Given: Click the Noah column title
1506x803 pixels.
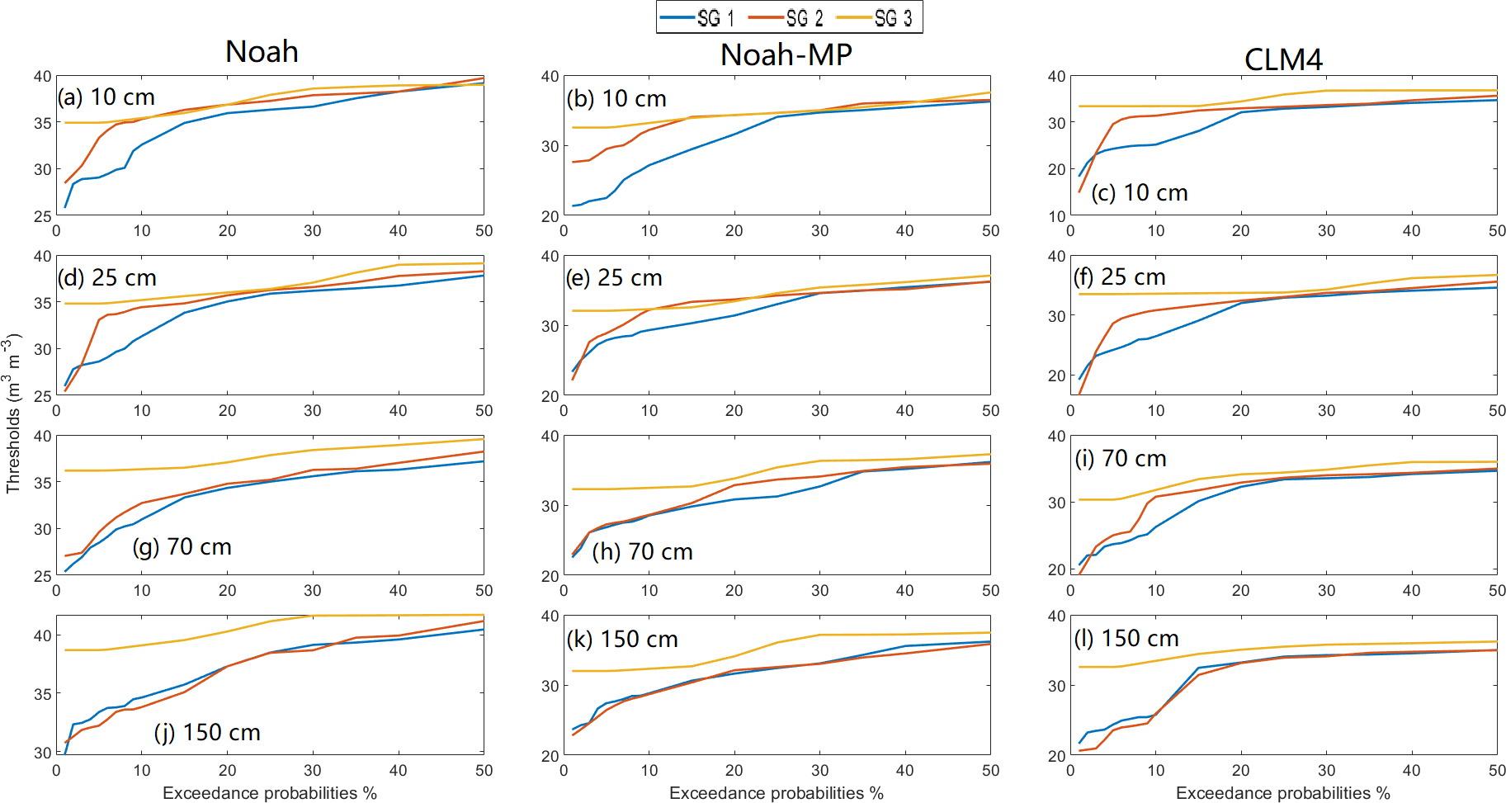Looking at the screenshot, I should [x=262, y=52].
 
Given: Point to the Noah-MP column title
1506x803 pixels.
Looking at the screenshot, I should [x=786, y=55].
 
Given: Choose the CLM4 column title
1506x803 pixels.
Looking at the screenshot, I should [x=1283, y=59].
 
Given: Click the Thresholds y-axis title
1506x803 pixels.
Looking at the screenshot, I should [x=13, y=413].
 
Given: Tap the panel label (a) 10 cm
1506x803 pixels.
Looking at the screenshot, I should [x=106, y=97].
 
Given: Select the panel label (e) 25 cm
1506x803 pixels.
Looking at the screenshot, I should [x=615, y=278].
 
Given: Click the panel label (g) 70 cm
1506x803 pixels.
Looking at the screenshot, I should [x=182, y=547].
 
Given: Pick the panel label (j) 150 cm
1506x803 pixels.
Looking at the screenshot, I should [x=208, y=733].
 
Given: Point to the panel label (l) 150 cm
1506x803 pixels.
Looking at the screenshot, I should [x=1127, y=639].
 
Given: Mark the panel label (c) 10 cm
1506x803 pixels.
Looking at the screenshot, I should [x=1140, y=193].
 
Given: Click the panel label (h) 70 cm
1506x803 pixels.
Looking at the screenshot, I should [x=643, y=552].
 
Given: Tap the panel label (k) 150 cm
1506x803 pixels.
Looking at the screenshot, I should [x=623, y=640].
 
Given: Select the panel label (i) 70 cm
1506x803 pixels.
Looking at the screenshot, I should [x=1121, y=459].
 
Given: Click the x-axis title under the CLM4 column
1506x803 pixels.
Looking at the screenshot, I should [x=1282, y=793].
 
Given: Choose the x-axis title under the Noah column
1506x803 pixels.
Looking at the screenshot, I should [x=270, y=793].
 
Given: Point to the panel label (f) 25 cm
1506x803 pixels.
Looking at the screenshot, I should [x=1121, y=277].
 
